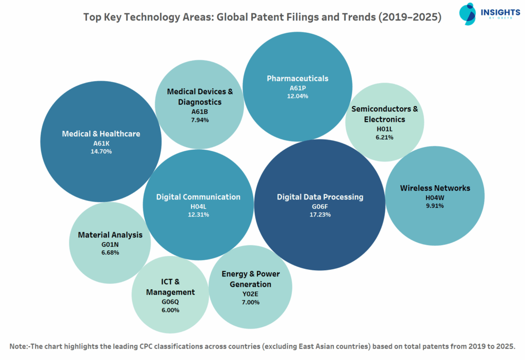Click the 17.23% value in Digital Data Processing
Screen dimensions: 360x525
click(320, 214)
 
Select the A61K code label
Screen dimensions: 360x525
click(100, 143)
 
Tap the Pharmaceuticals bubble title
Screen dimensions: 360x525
click(297, 78)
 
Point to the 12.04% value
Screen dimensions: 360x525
click(297, 96)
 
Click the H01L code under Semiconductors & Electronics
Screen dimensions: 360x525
click(385, 129)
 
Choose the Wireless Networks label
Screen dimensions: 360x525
click(435, 188)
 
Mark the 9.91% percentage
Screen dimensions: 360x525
click(435, 206)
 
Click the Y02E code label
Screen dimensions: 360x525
click(251, 294)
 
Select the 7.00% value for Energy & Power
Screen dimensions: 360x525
click(251, 302)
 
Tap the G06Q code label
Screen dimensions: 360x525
click(170, 302)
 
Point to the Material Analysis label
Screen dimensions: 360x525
click(110, 235)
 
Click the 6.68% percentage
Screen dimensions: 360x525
click(110, 253)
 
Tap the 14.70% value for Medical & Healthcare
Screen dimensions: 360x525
click(100, 151)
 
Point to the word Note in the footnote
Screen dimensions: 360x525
click(19, 346)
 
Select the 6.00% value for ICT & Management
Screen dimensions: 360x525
click(170, 310)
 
